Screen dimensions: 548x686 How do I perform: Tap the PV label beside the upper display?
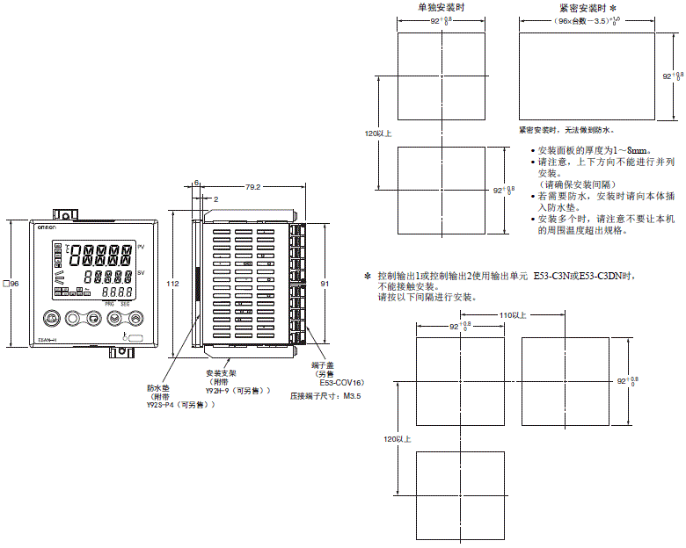[x=141, y=248]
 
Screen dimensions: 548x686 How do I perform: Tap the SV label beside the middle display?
[x=141, y=274]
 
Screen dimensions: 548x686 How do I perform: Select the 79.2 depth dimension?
[x=252, y=187]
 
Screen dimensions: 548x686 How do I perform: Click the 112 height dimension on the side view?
[x=172, y=284]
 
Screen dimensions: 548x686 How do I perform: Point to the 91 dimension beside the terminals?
[x=325, y=284]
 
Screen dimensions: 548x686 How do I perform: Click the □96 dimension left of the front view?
[x=11, y=284]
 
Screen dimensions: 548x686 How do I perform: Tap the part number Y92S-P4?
[x=165, y=405]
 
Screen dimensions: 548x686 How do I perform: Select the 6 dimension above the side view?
[x=197, y=183]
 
